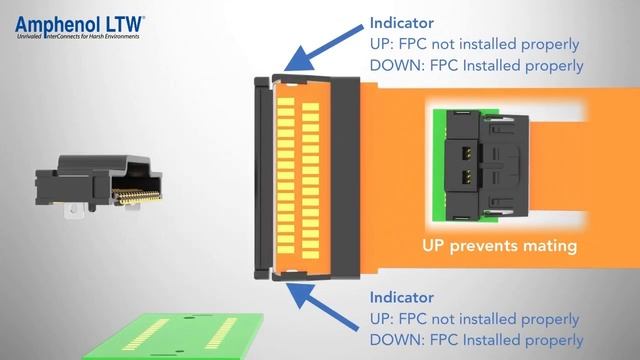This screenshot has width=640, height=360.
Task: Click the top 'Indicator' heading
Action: pos(400,22)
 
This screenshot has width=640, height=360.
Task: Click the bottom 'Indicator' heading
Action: pos(400,297)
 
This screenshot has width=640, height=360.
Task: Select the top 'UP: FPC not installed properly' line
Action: pos(474,45)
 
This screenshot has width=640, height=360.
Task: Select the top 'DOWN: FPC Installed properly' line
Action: pos(476,67)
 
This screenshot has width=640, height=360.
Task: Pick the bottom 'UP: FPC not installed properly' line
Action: pos(474,319)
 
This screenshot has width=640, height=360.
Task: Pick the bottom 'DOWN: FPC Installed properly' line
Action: pos(476,341)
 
